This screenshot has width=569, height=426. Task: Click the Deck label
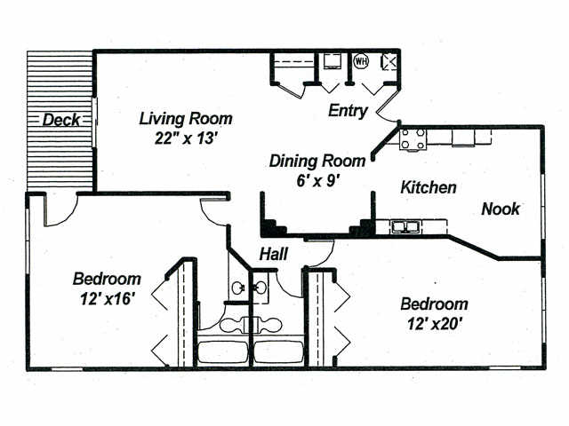pos(61,120)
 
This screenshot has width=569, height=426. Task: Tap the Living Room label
pos(186,119)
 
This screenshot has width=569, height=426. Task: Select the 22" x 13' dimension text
pos(186,138)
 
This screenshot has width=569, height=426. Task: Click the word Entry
pos(348,111)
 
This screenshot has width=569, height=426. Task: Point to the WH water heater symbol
pos(361,61)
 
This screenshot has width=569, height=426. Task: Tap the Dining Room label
pos(317,162)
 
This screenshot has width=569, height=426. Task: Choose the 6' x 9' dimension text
pos(317,180)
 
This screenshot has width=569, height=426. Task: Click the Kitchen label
pos(429,187)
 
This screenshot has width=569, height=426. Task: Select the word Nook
pos(501,209)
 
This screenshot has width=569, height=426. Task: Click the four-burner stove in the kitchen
pos(413,139)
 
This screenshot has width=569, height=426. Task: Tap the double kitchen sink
pos(405,227)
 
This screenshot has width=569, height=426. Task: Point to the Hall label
pos(274,255)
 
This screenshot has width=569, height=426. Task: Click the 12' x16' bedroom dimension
pos(108,299)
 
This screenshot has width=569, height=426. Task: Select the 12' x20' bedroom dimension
pos(434,324)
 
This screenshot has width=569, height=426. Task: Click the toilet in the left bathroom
pos(233,324)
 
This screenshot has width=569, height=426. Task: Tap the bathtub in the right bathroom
pos(278,351)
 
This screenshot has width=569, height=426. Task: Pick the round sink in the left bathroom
pos(238,288)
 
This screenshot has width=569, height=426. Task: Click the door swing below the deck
pos(61,210)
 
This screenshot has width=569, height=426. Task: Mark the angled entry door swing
pos(388,106)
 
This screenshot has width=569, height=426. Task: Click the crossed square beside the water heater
pos(389,61)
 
